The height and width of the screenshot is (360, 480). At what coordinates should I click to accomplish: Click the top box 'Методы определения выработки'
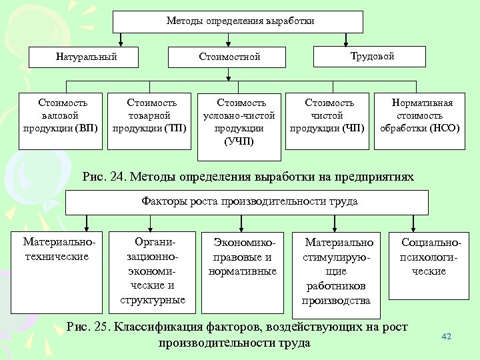pos(239,21)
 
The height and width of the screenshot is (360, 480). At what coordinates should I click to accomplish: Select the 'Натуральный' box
pos(86,57)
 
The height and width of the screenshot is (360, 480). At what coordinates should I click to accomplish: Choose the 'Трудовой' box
pos(372,57)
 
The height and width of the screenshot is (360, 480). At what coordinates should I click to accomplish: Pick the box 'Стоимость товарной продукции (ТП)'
pos(152,115)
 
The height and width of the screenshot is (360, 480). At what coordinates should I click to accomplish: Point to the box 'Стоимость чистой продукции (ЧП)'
pos(329,115)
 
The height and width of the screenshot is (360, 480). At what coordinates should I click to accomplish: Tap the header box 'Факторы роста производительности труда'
pos(249,201)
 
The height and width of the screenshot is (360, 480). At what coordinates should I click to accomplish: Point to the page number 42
pos(447,337)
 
